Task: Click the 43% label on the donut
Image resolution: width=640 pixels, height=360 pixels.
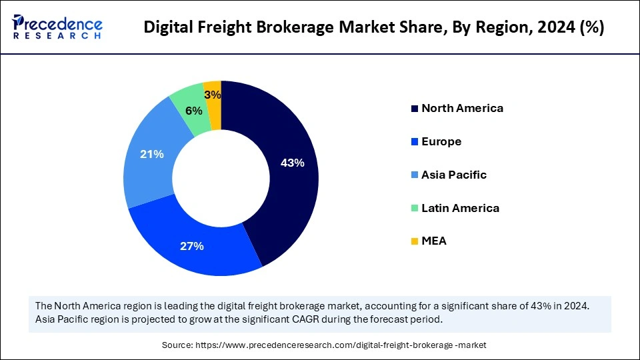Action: click(293, 163)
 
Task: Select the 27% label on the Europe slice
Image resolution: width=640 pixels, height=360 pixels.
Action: click(191, 246)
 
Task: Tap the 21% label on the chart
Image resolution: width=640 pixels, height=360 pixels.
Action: click(152, 154)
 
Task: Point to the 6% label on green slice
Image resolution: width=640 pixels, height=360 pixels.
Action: click(194, 111)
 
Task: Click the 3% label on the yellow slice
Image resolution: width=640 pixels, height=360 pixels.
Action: click(213, 95)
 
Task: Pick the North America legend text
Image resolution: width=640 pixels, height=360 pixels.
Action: click(462, 108)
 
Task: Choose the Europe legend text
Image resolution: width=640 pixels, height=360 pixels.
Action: click(441, 141)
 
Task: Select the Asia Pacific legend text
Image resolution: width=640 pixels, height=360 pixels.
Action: click(454, 175)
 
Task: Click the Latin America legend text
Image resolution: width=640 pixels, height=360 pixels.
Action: click(460, 208)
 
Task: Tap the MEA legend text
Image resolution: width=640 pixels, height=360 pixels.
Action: click(434, 241)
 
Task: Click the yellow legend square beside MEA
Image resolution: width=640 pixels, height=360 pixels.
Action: click(415, 241)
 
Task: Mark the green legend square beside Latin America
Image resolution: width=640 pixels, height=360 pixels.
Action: click(415, 208)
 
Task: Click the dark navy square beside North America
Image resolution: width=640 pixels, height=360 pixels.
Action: click(415, 108)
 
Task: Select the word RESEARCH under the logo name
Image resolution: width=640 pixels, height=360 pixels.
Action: click(57, 36)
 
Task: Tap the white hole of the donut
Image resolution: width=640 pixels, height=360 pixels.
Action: click(221, 178)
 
